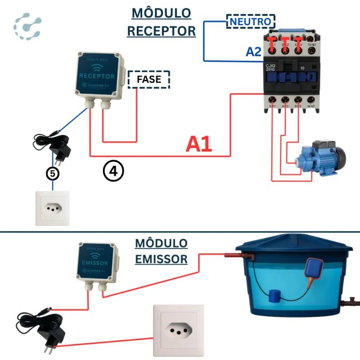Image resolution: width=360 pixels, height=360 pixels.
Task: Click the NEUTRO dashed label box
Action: (x=251, y=21)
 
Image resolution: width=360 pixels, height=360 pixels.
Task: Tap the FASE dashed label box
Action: (x=149, y=80)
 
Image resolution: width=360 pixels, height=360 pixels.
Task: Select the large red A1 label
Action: (x=199, y=144)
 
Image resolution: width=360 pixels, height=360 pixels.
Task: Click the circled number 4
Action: (x=113, y=171)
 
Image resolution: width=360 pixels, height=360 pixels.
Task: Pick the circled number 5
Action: (x=53, y=173)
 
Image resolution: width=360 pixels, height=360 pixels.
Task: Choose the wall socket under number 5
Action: (x=53, y=208)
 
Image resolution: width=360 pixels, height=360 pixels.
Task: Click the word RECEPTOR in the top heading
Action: (x=161, y=31)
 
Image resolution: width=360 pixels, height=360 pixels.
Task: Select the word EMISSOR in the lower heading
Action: (x=161, y=259)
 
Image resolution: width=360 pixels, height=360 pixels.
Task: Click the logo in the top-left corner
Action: (x=27, y=27)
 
